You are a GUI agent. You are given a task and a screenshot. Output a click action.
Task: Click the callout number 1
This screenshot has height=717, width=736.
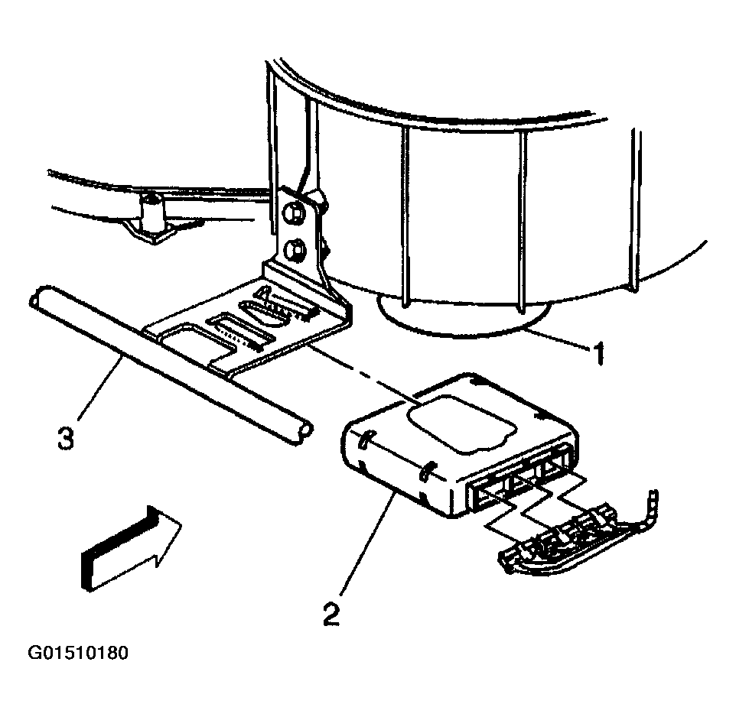click(x=598, y=353)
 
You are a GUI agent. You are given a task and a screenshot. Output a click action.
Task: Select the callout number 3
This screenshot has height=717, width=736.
click(x=67, y=440)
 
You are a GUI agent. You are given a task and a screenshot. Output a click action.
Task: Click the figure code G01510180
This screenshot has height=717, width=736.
click(x=78, y=654)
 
